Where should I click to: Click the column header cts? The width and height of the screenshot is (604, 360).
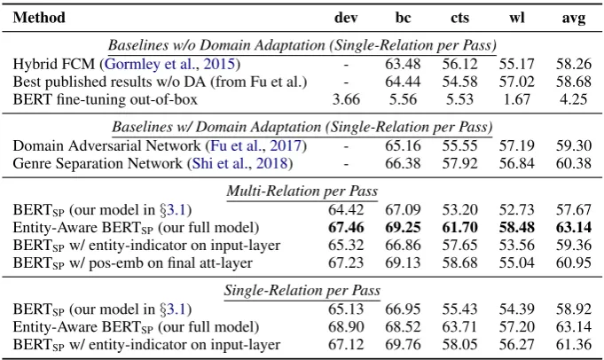pyautogui.click(x=459, y=18)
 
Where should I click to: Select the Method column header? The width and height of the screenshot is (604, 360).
pyautogui.click(x=39, y=18)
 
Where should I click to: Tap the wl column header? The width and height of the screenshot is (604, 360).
pyautogui.click(x=517, y=18)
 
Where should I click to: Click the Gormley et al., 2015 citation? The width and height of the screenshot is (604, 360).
pyautogui.click(x=170, y=64)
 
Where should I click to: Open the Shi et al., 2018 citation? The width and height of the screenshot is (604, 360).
pyautogui.click(x=240, y=163)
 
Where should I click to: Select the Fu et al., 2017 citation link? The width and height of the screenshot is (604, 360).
pyautogui.click(x=256, y=145)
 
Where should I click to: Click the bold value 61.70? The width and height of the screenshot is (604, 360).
pyautogui.click(x=459, y=227)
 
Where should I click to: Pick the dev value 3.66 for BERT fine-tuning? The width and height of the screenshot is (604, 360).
pyautogui.click(x=346, y=99)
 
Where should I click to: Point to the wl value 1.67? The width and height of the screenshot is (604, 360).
pyautogui.click(x=517, y=99)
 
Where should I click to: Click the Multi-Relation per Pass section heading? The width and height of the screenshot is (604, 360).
pyautogui.click(x=302, y=192)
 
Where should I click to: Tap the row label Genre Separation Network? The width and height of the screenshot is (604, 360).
pyautogui.click(x=98, y=163)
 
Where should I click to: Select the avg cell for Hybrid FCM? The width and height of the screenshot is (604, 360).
pyautogui.click(x=574, y=64)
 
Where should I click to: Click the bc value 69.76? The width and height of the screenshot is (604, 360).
pyautogui.click(x=403, y=344)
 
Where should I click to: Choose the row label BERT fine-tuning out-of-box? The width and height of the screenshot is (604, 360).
pyautogui.click(x=106, y=99)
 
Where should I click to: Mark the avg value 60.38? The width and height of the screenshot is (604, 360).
pyautogui.click(x=574, y=163)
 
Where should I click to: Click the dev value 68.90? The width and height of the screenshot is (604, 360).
pyautogui.click(x=346, y=326)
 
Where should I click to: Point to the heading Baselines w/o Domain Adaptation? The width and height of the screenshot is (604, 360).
pyautogui.click(x=216, y=45)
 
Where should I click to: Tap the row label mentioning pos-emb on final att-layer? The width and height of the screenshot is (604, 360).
pyautogui.click(x=133, y=263)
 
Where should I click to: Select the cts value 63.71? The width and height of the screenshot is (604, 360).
pyautogui.click(x=459, y=326)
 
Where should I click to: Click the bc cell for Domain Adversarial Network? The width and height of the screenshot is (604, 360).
pyautogui.click(x=403, y=145)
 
